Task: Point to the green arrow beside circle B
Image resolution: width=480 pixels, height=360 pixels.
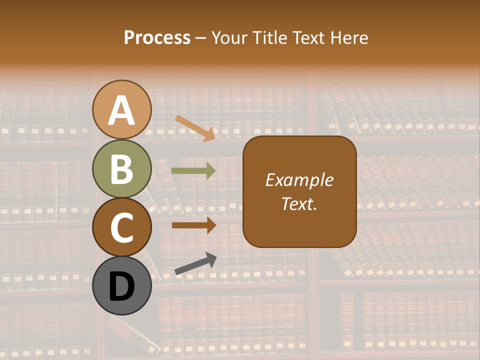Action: [x=193, y=171]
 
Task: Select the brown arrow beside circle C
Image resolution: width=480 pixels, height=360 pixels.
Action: [x=193, y=225]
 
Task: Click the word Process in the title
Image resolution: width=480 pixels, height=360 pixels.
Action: [x=157, y=38]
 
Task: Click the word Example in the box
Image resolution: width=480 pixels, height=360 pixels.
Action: [x=299, y=180]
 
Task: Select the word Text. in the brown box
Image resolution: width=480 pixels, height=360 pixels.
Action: [x=299, y=203]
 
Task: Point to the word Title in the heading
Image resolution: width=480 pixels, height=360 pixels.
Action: [x=267, y=38]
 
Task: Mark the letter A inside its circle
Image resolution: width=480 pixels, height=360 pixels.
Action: [x=122, y=111]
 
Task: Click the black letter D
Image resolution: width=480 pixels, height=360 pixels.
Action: [x=122, y=287]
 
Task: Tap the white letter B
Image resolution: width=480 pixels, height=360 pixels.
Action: [x=122, y=169]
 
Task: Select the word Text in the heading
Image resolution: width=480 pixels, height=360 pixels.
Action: [x=306, y=38]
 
